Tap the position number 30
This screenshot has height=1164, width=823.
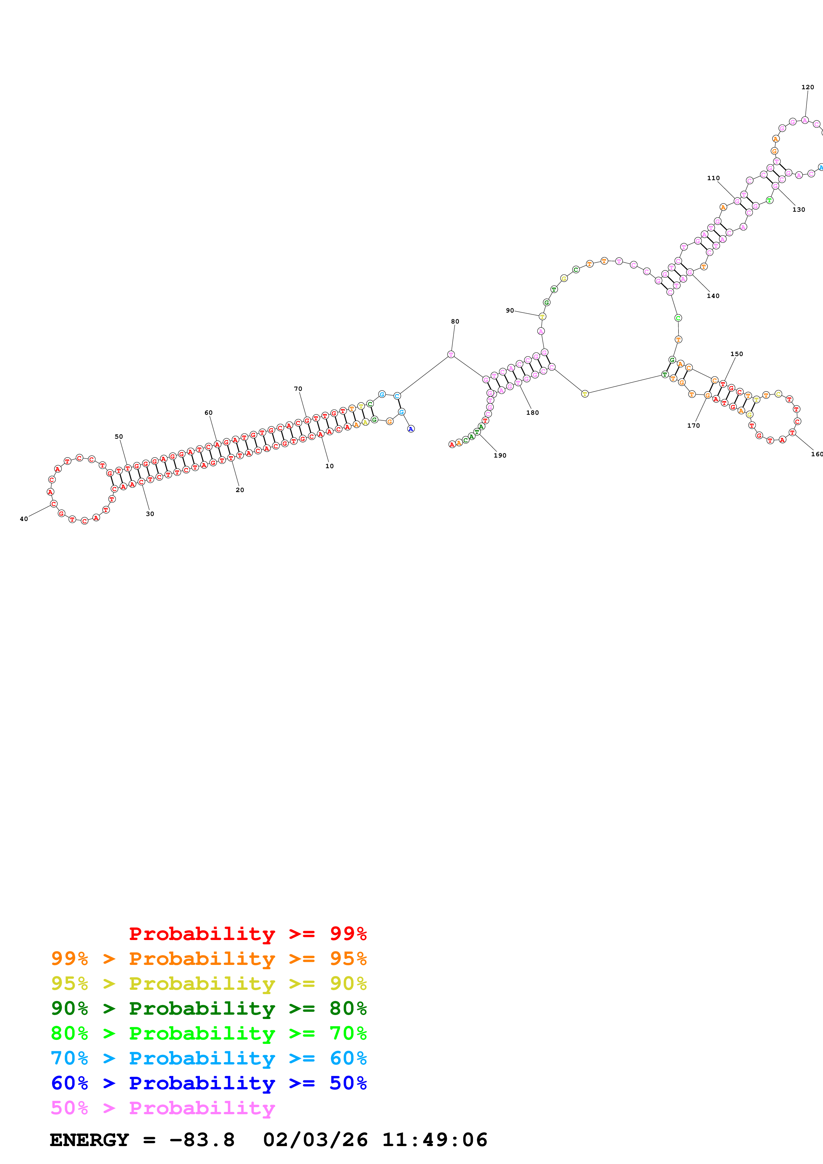click(x=150, y=514)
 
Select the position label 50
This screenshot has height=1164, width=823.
click(x=119, y=437)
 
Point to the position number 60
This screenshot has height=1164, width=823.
click(x=208, y=413)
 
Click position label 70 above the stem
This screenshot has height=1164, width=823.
click(x=298, y=389)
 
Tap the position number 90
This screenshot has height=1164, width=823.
click(x=510, y=310)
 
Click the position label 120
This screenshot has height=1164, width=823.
click(x=808, y=87)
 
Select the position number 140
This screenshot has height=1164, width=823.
click(x=713, y=296)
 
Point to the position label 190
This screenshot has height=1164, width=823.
click(x=500, y=455)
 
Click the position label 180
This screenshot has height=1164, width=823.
click(x=533, y=413)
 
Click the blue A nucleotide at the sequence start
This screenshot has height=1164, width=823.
click(x=411, y=429)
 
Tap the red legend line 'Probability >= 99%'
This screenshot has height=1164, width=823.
click(x=247, y=933)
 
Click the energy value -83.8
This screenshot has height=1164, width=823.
click(x=202, y=1140)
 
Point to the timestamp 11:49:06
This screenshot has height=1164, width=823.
click(x=435, y=1140)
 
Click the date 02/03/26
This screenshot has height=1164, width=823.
click(x=315, y=1140)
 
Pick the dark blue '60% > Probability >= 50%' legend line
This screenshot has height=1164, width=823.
click(x=208, y=1083)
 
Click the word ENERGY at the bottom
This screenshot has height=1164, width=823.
click(x=89, y=1140)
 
